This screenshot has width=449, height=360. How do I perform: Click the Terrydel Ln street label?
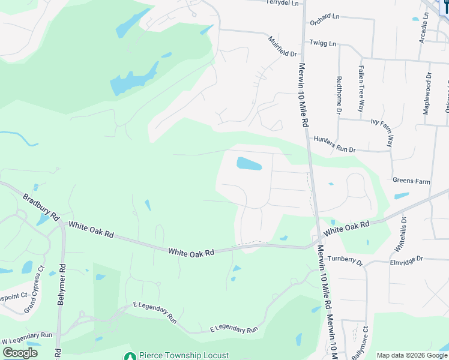pos(282,3)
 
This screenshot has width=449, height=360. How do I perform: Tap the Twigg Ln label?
pos(323,44)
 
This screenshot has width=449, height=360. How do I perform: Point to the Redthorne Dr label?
pos(339,95)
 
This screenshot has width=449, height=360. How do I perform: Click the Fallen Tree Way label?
pos(361,89)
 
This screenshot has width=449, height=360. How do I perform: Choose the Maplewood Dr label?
pos(427,94)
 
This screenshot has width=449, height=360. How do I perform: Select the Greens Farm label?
pos(411,180)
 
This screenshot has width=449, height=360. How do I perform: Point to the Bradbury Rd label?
pos(41,205)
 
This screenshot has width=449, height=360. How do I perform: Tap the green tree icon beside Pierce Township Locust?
pos(130,355)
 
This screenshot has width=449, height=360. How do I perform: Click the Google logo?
pos(20,353)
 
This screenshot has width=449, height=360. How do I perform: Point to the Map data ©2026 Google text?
pos(411,355)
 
